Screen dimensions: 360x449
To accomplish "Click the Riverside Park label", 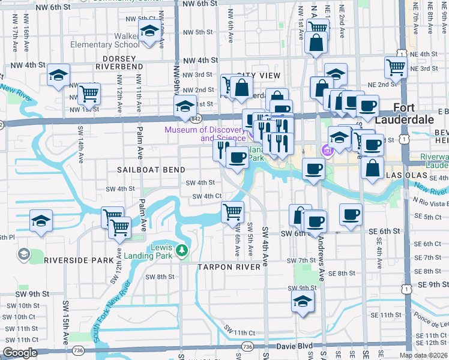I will tap(79, 260).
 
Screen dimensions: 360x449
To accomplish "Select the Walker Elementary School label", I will tap(105, 44).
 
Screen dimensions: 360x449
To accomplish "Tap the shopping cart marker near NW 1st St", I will tap(89, 93).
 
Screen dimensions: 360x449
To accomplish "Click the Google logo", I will tap(20, 353).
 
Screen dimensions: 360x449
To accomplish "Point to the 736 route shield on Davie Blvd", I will tap(247, 347).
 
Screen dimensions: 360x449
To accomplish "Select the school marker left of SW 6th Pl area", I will tap(41, 220).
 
